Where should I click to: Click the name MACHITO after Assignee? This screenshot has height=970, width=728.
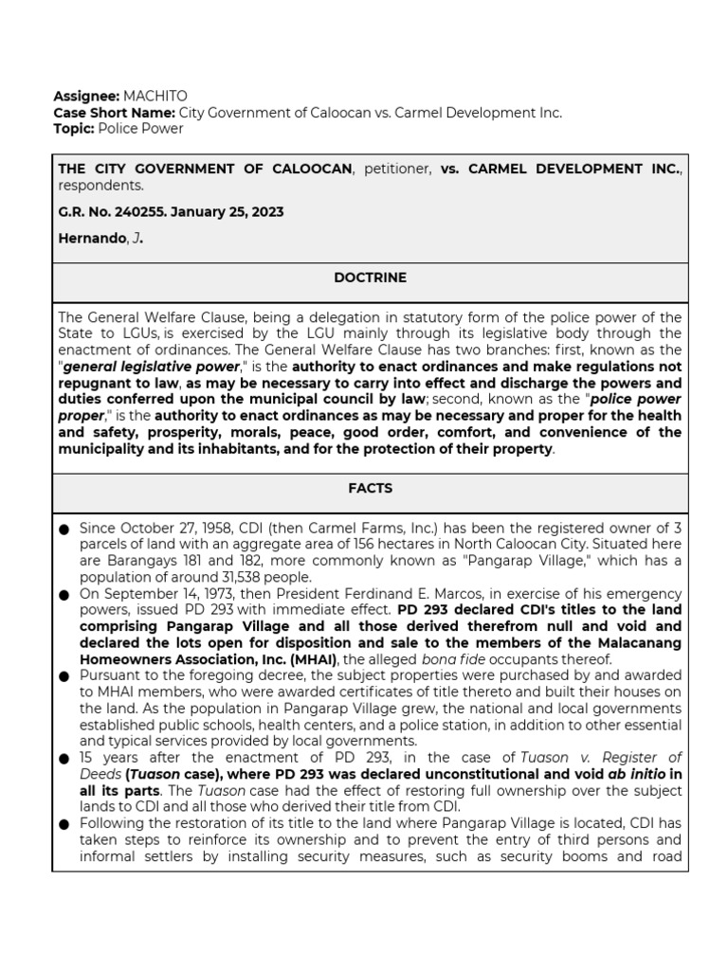tap(155, 97)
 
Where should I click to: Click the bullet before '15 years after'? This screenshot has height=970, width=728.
tap(64, 759)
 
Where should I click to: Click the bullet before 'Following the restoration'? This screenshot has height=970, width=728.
tap(64, 824)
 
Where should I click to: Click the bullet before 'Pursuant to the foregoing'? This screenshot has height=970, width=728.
tap(64, 676)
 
